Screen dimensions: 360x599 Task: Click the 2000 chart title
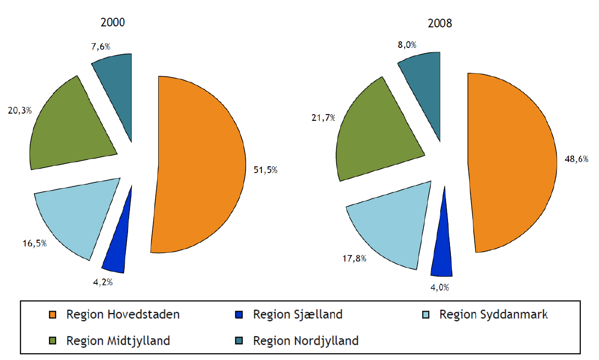click(x=113, y=23)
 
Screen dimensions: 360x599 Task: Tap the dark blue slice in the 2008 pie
click(x=442, y=249)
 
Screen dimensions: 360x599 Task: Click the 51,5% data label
click(x=265, y=170)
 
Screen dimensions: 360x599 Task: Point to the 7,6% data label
click(x=101, y=46)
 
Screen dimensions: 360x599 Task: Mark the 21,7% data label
click(x=323, y=118)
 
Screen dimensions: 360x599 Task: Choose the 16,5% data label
click(x=34, y=243)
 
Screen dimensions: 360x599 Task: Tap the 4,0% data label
click(x=440, y=288)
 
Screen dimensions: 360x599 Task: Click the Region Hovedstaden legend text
click(x=123, y=315)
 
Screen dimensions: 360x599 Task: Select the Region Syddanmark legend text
click(x=493, y=315)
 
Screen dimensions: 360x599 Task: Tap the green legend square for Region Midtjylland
click(x=53, y=341)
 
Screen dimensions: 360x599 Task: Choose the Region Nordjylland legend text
click(x=305, y=341)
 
